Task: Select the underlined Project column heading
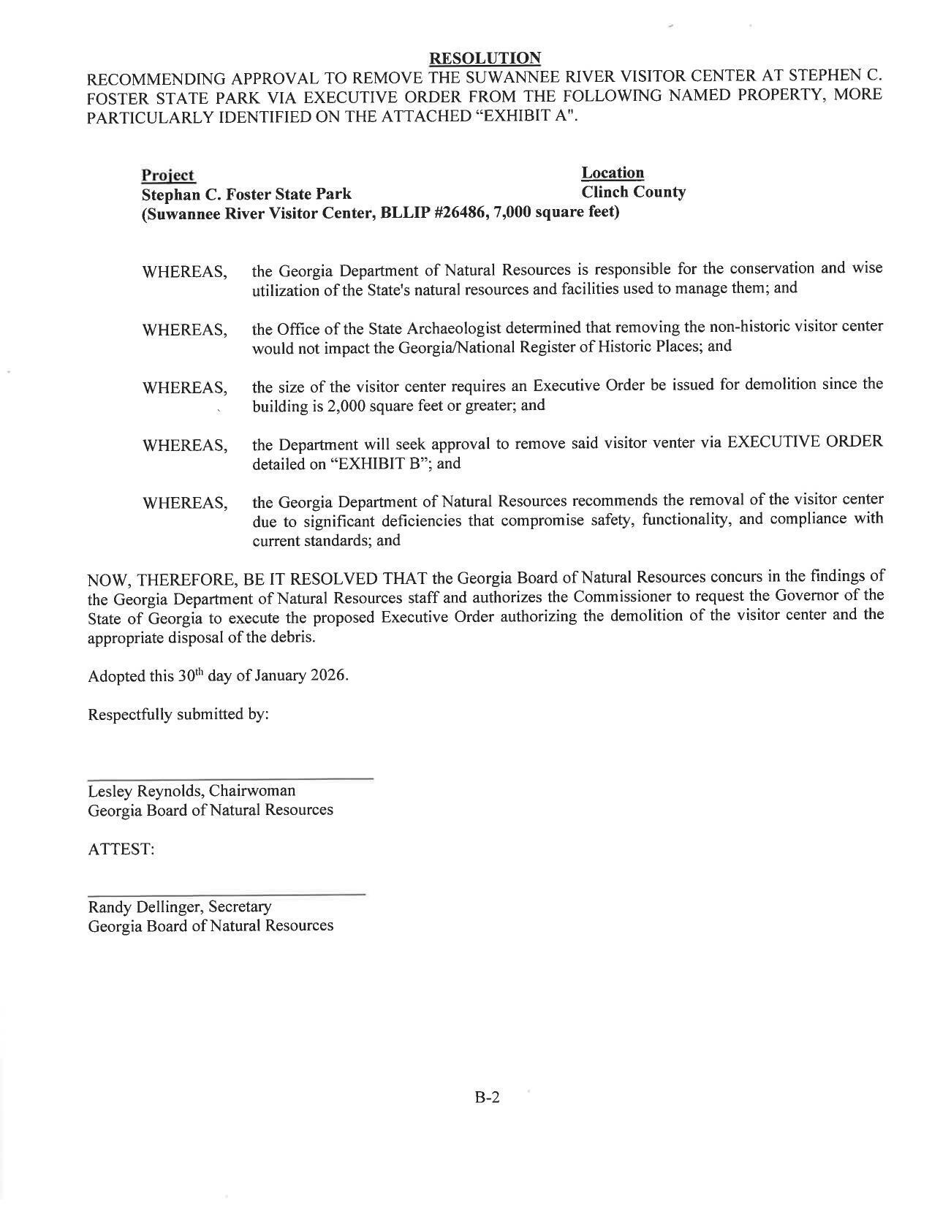pyautogui.click(x=168, y=175)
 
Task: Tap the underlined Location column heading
pyautogui.click(x=613, y=173)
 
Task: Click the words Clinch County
pyautogui.click(x=633, y=192)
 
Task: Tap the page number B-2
pyautogui.click(x=487, y=1097)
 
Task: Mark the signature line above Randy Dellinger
pyautogui.click(x=226, y=895)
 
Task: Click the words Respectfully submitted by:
pyautogui.click(x=178, y=714)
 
